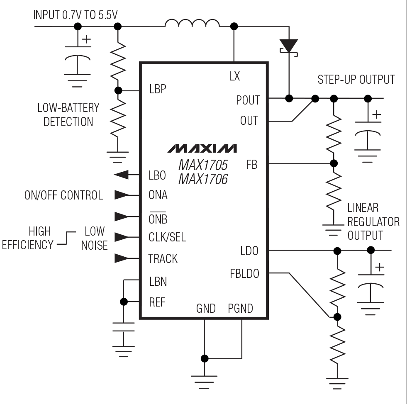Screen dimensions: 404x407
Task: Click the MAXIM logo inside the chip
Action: pyautogui.click(x=202, y=148)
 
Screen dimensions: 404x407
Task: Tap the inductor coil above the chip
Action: pyautogui.click(x=192, y=24)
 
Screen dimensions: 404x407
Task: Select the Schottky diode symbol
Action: pyautogui.click(x=289, y=45)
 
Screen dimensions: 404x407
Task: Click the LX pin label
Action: pyautogui.click(x=234, y=76)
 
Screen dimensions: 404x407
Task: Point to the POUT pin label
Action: pyautogui.click(x=248, y=100)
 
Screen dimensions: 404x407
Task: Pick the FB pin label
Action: pyautogui.click(x=251, y=165)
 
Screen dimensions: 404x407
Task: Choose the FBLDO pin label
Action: pyautogui.click(x=244, y=274)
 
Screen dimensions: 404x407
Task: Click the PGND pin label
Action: pyautogui.click(x=240, y=308)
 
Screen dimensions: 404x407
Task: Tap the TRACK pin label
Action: pyautogui.click(x=163, y=259)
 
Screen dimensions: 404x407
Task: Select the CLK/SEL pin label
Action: pyautogui.click(x=167, y=237)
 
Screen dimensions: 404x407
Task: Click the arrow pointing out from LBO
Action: pyautogui.click(x=121, y=175)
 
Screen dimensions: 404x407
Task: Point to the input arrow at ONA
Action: pyautogui.click(x=122, y=195)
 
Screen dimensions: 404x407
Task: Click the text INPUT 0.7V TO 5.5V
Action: pyautogui.click(x=76, y=15)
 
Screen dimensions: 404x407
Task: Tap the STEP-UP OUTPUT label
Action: pyautogui.click(x=356, y=80)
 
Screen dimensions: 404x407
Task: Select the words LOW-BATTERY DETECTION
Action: pyautogui.click(x=68, y=115)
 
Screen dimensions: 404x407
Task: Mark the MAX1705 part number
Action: pyautogui.click(x=203, y=165)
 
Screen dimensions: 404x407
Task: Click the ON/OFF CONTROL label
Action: pyautogui.click(x=63, y=195)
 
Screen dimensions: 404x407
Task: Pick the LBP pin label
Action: pyautogui.click(x=157, y=89)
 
